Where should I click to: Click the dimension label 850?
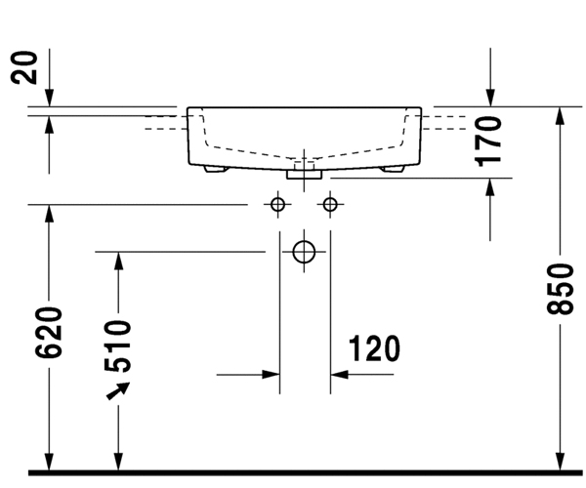click(560, 289)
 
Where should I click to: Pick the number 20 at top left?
click(30, 68)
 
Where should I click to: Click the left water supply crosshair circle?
click(278, 204)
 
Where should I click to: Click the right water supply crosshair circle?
click(330, 204)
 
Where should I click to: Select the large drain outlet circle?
click(305, 251)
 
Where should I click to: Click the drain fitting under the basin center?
click(305, 174)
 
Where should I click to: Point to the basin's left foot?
click(216, 169)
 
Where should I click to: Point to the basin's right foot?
click(394, 169)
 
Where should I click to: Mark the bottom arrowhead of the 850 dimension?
click(560, 464)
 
